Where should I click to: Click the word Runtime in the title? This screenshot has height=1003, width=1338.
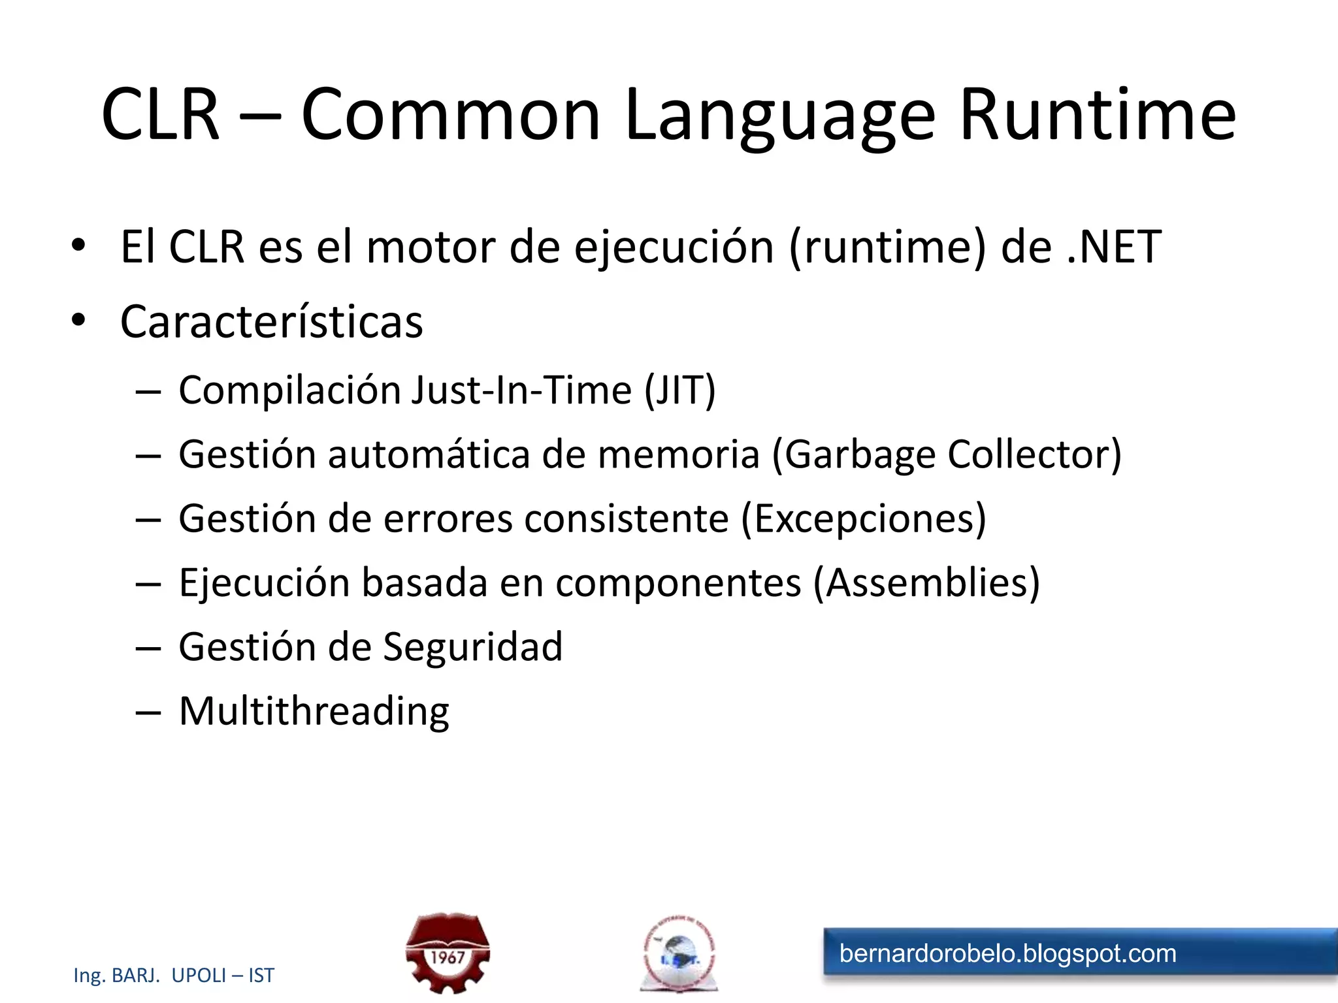coord(1098,115)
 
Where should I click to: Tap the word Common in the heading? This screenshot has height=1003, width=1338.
coord(450,115)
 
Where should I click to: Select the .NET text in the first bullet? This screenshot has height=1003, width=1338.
coord(1115,247)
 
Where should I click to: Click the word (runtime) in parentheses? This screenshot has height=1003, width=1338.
coord(888,248)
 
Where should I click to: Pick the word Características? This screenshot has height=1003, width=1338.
coord(272,322)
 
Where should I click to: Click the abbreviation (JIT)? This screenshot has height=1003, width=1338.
coord(680,390)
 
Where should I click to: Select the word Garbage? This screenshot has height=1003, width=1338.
coord(860,455)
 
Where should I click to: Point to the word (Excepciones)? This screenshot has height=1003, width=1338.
coord(864,519)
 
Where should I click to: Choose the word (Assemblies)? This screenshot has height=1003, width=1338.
coord(926,583)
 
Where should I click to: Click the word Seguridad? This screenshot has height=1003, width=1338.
coord(472,647)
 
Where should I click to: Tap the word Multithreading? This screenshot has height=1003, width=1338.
coord(314,711)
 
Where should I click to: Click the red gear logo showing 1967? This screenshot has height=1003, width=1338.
coord(448,953)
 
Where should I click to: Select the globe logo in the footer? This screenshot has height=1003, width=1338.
coord(679,954)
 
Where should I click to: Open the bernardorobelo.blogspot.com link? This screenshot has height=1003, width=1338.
coord(1007,954)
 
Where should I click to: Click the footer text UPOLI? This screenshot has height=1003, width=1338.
coord(199,976)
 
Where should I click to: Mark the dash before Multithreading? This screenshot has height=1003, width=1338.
coord(148,712)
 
